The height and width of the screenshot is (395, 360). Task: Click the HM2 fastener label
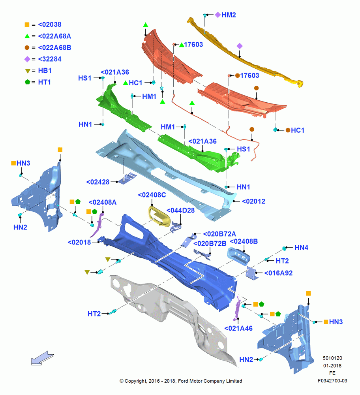click(x=229, y=15)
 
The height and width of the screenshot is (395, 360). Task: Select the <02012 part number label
click(x=253, y=201)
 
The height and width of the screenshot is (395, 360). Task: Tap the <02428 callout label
click(x=97, y=182)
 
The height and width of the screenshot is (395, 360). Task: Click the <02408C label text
click(x=152, y=195)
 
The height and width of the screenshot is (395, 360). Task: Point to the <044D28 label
click(x=180, y=211)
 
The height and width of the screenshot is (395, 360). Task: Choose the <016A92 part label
click(x=278, y=273)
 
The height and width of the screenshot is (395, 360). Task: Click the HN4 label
click(x=301, y=248)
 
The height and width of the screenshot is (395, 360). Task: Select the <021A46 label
click(x=238, y=328)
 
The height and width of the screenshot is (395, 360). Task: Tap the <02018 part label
click(x=79, y=243)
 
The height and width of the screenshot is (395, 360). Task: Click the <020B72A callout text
click(x=219, y=234)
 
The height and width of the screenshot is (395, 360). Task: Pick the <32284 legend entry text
click(x=50, y=59)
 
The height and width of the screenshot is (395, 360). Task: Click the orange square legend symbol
click(x=27, y=24)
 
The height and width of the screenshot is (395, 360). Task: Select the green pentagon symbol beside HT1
click(x=28, y=82)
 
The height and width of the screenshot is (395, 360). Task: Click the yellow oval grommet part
click(x=159, y=216)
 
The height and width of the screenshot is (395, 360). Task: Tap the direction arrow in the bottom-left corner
click(x=42, y=358)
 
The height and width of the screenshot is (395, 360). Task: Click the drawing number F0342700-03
click(x=332, y=381)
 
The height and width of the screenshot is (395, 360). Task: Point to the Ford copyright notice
click(x=181, y=381)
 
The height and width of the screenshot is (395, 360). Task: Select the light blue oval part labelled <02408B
click(x=239, y=256)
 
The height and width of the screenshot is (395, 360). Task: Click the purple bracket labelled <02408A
click(x=97, y=225)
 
